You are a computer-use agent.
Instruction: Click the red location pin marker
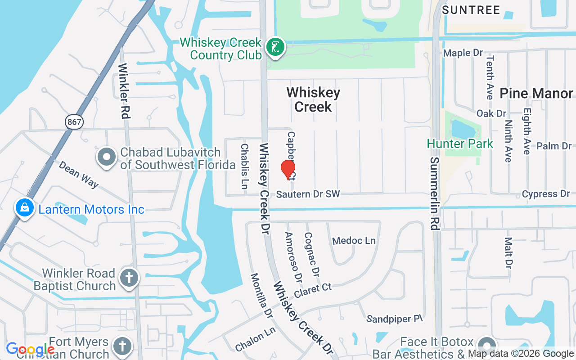[x=288, y=170]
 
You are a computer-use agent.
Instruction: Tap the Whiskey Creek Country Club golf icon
[x=275, y=47]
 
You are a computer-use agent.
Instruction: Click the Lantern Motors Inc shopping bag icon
[x=25, y=208]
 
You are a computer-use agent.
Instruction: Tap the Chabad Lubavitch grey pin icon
[x=107, y=158]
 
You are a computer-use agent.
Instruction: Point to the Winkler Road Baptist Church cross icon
[x=129, y=279]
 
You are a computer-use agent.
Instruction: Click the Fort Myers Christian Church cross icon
[x=121, y=346]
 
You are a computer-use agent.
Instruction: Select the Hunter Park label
[x=460, y=144]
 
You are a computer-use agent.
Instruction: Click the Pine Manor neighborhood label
[x=536, y=94]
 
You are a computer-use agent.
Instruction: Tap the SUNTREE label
[x=471, y=10]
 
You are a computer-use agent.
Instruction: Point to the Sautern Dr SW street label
[x=308, y=194]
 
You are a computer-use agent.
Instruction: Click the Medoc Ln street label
[x=354, y=241]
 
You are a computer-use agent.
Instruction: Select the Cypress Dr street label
[x=546, y=194]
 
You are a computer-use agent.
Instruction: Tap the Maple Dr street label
[x=463, y=53]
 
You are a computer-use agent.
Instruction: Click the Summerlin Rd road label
[x=434, y=193]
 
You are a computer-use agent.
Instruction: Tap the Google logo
[x=30, y=349]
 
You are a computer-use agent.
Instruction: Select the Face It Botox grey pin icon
[x=486, y=346]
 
